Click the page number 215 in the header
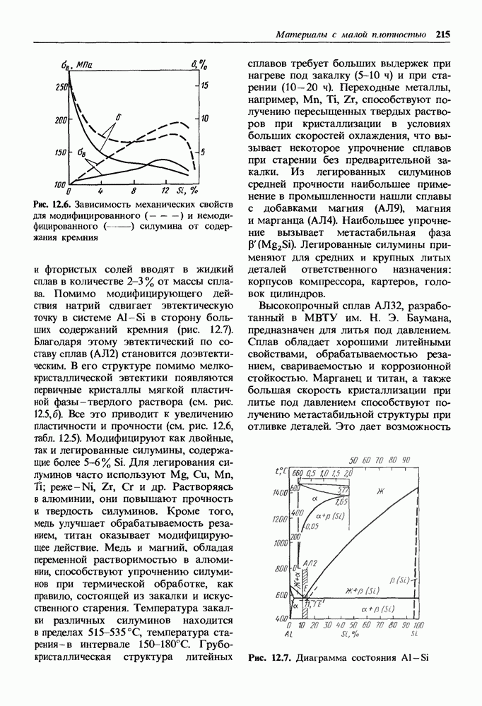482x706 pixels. click(x=444, y=34)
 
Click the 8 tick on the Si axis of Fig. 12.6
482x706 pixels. click(x=132, y=191)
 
